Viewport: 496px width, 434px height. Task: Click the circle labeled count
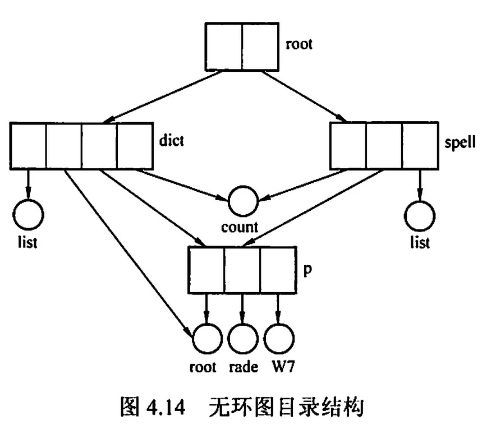pyautogui.click(x=242, y=200)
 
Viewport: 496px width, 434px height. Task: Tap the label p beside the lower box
pyautogui.click(x=306, y=269)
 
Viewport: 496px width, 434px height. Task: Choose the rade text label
pyautogui.click(x=243, y=367)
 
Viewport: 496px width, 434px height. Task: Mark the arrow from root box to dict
pyautogui.click(x=163, y=95)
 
